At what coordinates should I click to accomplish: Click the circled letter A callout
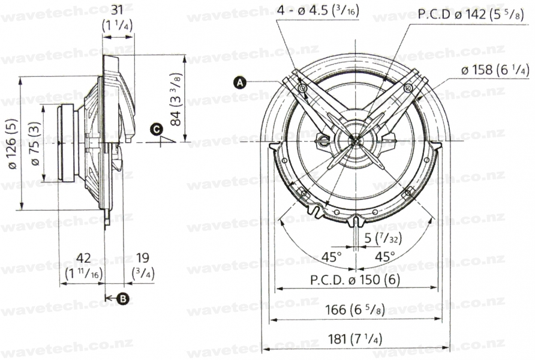click(x=240, y=83)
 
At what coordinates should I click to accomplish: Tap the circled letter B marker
click(x=122, y=299)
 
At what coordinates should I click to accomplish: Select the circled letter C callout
click(x=157, y=130)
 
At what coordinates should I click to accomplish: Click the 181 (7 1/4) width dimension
click(x=355, y=339)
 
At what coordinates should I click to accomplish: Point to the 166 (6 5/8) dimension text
click(x=355, y=310)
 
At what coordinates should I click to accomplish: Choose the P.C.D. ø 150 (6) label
click(x=355, y=280)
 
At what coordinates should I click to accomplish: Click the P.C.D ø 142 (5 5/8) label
click(x=471, y=14)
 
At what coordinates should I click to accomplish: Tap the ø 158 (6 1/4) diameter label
click(x=495, y=70)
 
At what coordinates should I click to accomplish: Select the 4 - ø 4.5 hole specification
click(x=318, y=10)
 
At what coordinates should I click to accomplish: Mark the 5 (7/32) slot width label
click(x=383, y=238)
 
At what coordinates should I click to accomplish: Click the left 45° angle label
click(x=331, y=257)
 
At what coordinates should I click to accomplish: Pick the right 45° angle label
click(x=385, y=257)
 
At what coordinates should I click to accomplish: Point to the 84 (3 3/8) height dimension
click(x=176, y=99)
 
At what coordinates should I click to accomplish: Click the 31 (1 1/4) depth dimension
click(x=117, y=18)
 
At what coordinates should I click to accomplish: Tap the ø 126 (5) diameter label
click(x=12, y=143)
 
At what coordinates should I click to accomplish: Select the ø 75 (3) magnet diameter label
click(x=35, y=143)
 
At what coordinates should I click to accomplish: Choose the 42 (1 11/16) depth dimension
click(x=83, y=266)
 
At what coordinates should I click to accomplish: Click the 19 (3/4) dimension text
click(x=143, y=266)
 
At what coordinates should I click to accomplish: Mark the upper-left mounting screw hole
click(x=302, y=89)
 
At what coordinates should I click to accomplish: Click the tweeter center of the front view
click(x=356, y=140)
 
